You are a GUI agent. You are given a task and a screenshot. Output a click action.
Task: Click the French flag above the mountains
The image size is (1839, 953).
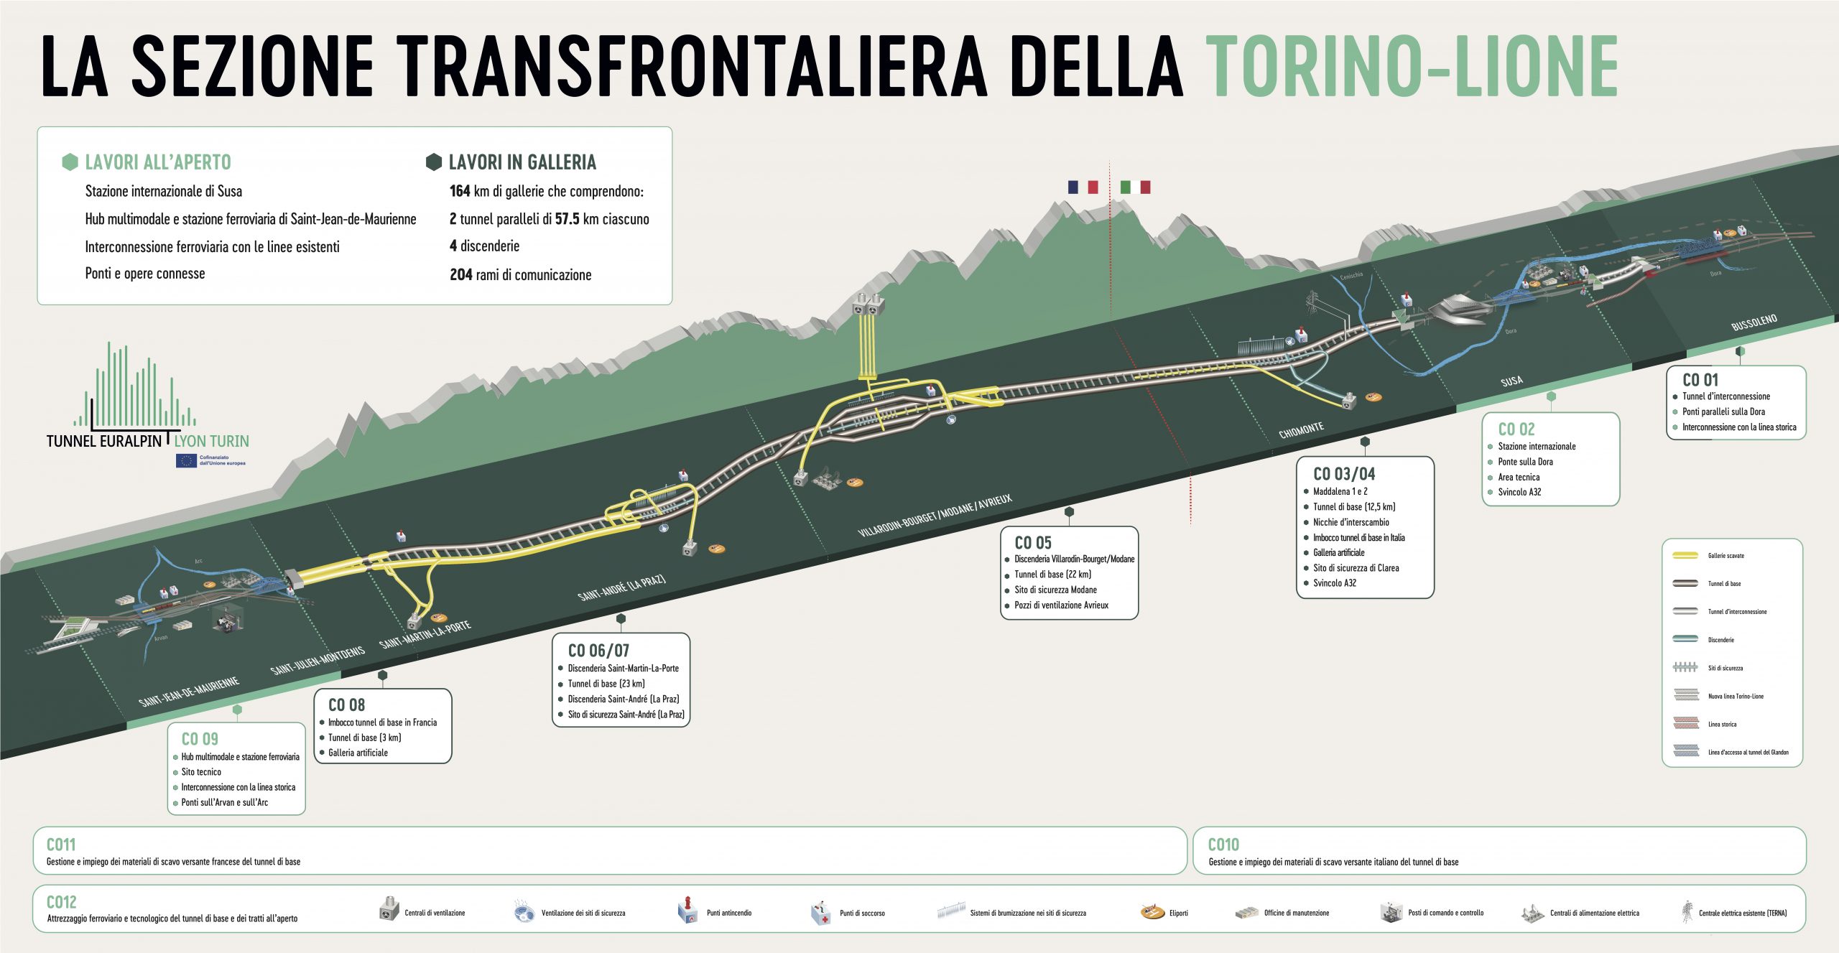(1083, 187)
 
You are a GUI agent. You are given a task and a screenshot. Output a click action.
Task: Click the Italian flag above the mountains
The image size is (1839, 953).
(1135, 187)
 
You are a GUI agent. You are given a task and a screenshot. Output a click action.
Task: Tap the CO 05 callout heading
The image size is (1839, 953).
(1032, 543)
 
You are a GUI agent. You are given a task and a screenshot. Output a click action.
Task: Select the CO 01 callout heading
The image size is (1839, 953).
(1700, 380)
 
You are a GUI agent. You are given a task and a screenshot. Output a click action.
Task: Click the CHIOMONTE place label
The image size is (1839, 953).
(1301, 430)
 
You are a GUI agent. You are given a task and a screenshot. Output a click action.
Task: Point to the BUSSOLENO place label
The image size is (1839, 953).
(1754, 322)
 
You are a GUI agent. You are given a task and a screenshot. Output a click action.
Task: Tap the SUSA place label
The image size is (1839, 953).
(1511, 381)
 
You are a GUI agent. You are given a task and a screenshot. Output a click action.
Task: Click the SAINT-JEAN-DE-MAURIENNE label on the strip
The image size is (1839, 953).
(189, 692)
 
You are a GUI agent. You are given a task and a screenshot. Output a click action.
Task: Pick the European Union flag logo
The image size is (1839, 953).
(186, 460)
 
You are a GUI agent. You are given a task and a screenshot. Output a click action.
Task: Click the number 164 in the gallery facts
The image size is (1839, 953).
(460, 191)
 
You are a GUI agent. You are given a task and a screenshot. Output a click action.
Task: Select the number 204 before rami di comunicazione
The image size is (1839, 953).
(460, 274)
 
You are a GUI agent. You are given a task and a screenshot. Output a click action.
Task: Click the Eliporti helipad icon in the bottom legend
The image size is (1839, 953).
(1152, 912)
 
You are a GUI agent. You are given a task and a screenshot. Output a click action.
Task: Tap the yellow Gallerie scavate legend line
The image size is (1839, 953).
(1685, 555)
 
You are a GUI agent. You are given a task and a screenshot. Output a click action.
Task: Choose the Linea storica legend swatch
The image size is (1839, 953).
(1685, 724)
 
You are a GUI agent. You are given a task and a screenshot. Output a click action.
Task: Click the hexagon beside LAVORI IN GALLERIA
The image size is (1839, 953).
(434, 162)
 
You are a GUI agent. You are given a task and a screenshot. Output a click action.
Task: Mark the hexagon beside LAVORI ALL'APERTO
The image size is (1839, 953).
(70, 162)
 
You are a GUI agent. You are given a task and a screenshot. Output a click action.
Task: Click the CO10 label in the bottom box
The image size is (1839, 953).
(1223, 845)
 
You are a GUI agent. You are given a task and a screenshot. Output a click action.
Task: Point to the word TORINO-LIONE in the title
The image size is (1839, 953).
(1411, 66)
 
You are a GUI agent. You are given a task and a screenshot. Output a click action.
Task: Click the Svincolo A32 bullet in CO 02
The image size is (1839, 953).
(1519, 492)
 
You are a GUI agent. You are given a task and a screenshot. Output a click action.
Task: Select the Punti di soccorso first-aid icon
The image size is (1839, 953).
(820, 913)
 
